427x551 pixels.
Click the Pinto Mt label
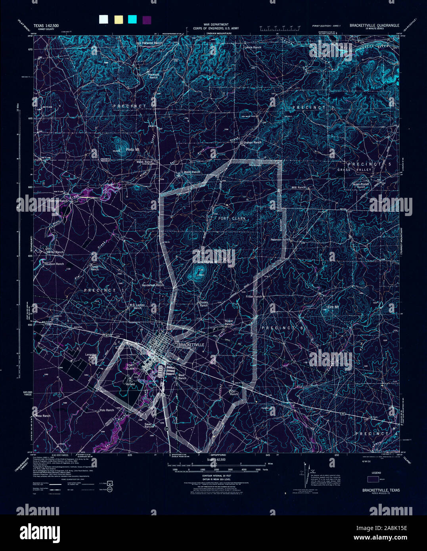132,149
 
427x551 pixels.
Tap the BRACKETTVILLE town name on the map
191,345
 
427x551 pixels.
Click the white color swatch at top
103,19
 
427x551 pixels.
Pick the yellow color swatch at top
118,19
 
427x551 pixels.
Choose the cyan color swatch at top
132,19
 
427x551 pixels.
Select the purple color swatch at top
147,19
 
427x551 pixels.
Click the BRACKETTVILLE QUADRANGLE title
374,25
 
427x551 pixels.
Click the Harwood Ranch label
153,76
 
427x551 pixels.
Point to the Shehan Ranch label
252,142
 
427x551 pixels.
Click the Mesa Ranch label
43,416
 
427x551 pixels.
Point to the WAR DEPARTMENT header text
211,25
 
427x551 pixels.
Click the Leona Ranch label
253,48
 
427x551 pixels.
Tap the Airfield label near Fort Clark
130,384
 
